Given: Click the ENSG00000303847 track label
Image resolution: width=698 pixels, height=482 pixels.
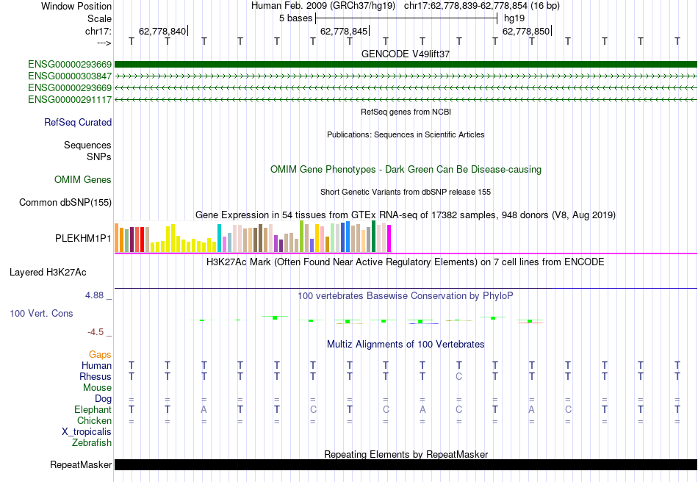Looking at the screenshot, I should point(70,76).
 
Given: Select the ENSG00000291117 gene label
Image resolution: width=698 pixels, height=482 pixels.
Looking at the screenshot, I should point(70,99).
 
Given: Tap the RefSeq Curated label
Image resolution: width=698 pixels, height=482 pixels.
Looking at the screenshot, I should point(78,123).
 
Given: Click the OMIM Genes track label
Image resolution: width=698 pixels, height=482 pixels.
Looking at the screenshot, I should point(83,180).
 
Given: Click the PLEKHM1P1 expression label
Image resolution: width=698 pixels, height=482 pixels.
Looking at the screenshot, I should point(83,239).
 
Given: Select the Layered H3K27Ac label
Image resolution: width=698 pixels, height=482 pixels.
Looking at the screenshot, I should point(48,273).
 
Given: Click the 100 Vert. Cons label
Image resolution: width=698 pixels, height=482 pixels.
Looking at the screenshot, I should point(41,314).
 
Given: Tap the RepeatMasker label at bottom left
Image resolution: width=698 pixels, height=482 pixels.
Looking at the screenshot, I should point(81,465).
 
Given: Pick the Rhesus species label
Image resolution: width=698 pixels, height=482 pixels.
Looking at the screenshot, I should point(96,377).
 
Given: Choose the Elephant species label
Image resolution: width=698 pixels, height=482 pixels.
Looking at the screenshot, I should point(93,410).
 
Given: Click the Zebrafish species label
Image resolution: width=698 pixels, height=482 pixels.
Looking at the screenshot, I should point(92,443).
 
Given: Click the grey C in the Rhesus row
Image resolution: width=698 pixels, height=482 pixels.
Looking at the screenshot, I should point(458,377).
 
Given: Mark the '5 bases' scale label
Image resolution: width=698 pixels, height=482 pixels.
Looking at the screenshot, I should point(295,18).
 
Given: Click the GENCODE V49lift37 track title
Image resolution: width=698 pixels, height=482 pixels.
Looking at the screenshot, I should point(406,54).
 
